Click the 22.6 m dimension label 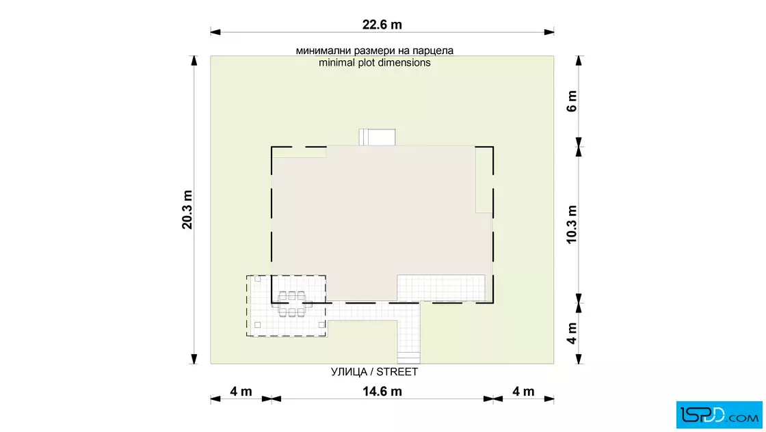382,25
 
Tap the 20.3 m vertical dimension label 187,210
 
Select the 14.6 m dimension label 382,392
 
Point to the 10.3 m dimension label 572,224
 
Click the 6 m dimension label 572,101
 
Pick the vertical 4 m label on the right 572,334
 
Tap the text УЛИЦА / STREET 374,372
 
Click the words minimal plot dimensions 375,62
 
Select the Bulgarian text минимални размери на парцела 375,51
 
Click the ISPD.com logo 719,415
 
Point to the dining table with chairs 291,304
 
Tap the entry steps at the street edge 408,357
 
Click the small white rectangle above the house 377,137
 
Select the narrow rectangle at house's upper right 484,179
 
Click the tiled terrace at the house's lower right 441,288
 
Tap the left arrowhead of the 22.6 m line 215,32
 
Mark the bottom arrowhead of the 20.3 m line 194,359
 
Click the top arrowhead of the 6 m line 579,61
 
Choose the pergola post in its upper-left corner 257,279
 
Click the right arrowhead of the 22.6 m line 549,32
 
